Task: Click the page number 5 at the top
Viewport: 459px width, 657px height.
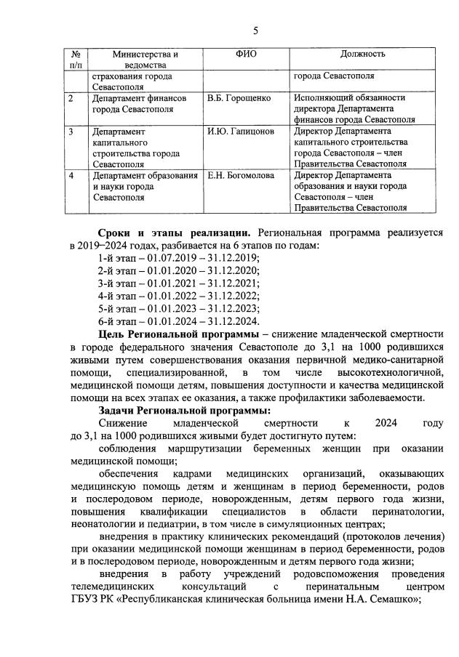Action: pos(255,30)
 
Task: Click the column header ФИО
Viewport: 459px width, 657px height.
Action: pos(247,55)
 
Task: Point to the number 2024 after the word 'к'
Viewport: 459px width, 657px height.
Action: pos(390,423)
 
